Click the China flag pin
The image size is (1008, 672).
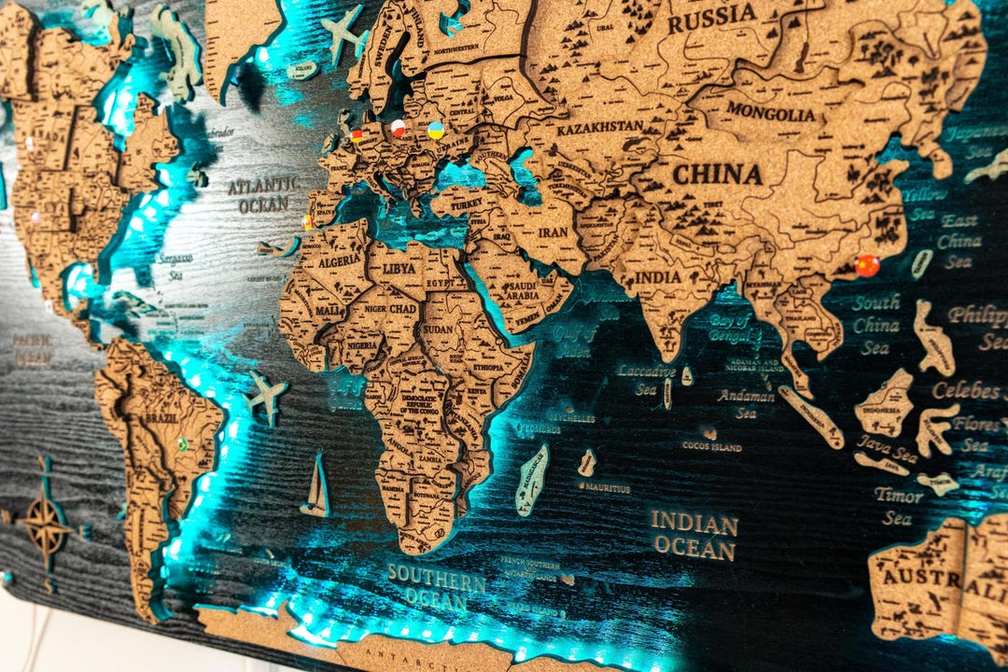(867, 265)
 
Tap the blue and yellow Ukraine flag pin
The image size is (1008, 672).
(435, 130)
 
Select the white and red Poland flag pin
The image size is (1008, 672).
(399, 128)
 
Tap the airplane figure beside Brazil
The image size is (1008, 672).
(266, 396)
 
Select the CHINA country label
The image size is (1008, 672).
(718, 175)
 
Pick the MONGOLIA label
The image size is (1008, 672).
(771, 113)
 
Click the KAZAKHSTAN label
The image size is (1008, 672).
(600, 127)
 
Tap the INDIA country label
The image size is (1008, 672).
(659, 277)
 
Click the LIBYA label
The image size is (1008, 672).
(403, 269)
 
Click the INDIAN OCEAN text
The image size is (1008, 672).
(694, 534)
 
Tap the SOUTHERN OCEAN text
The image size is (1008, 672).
(436, 584)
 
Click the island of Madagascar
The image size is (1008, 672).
(532, 479)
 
